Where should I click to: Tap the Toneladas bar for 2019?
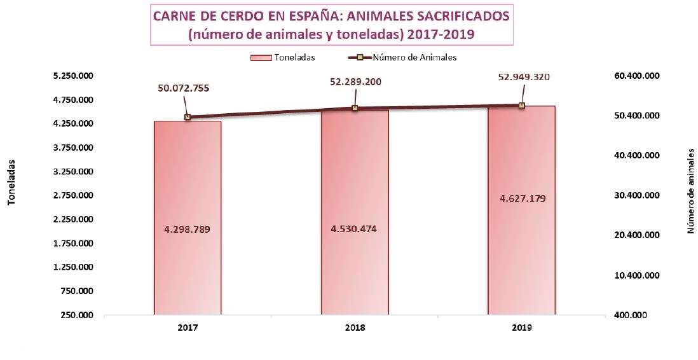pos(521,254)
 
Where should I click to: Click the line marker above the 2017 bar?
pos(188,117)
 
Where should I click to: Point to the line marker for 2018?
pos(355,108)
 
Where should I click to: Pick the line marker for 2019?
pos(521,106)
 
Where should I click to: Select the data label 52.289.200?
pos(355,81)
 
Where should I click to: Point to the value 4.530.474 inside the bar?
pos(354,228)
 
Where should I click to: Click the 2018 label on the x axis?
pos(355,329)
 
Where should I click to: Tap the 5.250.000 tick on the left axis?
pos(74,76)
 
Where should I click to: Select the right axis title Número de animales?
pos(691,190)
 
